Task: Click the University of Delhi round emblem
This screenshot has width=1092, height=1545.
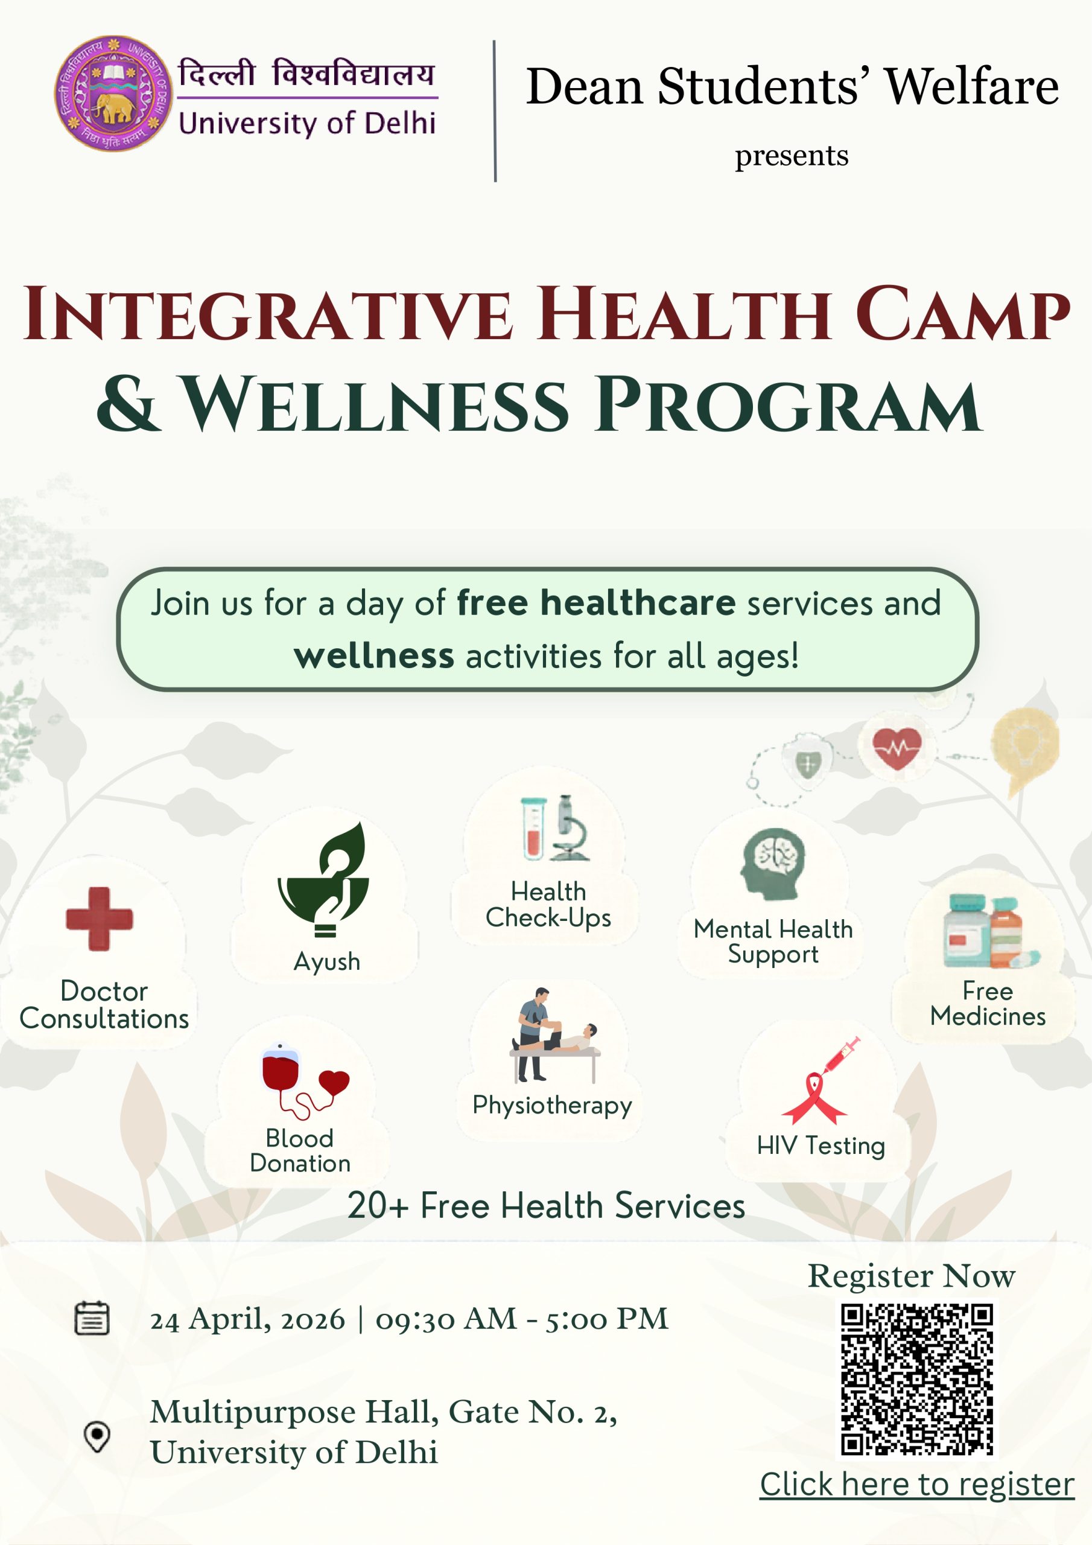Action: pyautogui.click(x=113, y=93)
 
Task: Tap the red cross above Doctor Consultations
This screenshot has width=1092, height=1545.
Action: pyautogui.click(x=100, y=919)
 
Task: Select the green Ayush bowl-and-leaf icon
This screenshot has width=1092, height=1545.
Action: pyautogui.click(x=323, y=879)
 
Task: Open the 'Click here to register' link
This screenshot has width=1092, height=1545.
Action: pyautogui.click(x=917, y=1484)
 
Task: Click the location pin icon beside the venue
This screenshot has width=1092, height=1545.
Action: pyautogui.click(x=97, y=1436)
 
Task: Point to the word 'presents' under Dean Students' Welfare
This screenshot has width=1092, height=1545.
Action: pyautogui.click(x=791, y=156)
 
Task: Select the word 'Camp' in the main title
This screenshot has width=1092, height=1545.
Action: pyautogui.click(x=962, y=314)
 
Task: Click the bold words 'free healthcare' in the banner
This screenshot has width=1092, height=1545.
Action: pyautogui.click(x=596, y=602)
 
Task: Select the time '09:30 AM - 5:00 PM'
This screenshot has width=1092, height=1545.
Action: pyautogui.click(x=522, y=1319)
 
